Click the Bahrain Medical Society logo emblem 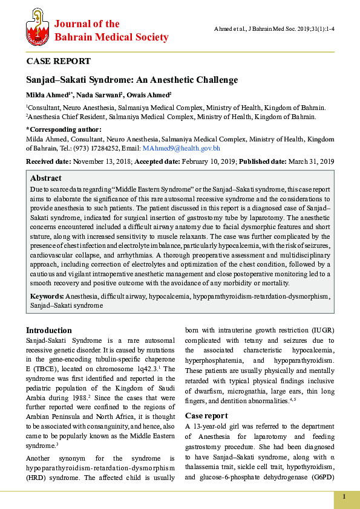tap(37, 31)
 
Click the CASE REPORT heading tap(58, 61)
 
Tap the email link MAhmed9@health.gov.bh tap(181, 148)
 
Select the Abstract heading tap(46, 178)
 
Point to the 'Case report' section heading tap(206, 416)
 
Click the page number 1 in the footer tap(344, 497)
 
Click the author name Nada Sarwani tap(100, 95)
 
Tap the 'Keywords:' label tap(47, 296)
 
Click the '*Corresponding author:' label tap(64, 129)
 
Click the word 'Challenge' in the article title tap(214, 80)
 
